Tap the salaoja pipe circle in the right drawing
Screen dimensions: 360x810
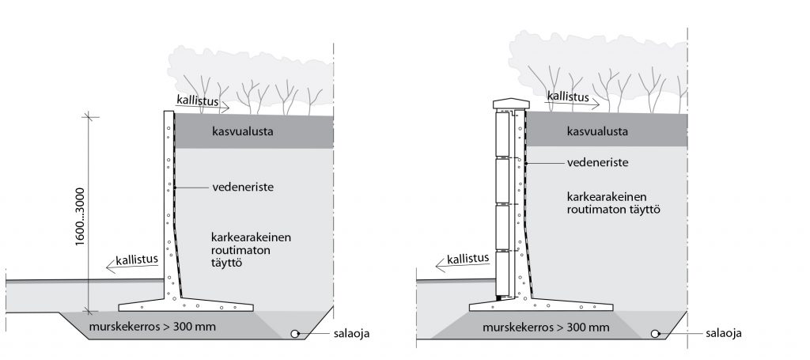pos(656,333)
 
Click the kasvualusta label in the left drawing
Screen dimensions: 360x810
pos(243,131)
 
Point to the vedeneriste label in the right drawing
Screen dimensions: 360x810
pos(597,162)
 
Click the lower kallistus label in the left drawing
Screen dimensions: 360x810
pos(134,259)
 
